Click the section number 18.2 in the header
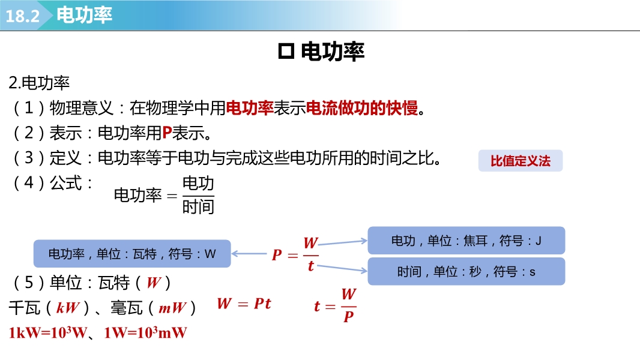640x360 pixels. point(22,16)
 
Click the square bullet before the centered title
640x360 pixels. point(286,52)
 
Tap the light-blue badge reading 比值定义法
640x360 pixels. point(521,161)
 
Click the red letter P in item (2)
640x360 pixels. point(167,133)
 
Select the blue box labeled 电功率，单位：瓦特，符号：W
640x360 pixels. point(132,254)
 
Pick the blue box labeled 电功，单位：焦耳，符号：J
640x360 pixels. point(466,241)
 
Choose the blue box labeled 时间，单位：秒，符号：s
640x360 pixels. point(466,271)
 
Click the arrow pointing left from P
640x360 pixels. point(249,254)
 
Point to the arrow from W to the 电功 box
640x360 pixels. point(343,242)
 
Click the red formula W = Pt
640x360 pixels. point(244,304)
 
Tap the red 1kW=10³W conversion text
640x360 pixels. point(48,332)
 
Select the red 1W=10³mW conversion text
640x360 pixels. point(145,332)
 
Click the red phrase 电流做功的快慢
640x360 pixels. point(361,108)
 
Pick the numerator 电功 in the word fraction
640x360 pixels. point(198,183)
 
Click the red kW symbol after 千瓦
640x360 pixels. point(67,307)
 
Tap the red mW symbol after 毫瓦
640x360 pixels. point(172,307)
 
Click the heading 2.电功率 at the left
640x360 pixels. point(39,83)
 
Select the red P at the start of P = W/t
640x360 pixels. point(277,255)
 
